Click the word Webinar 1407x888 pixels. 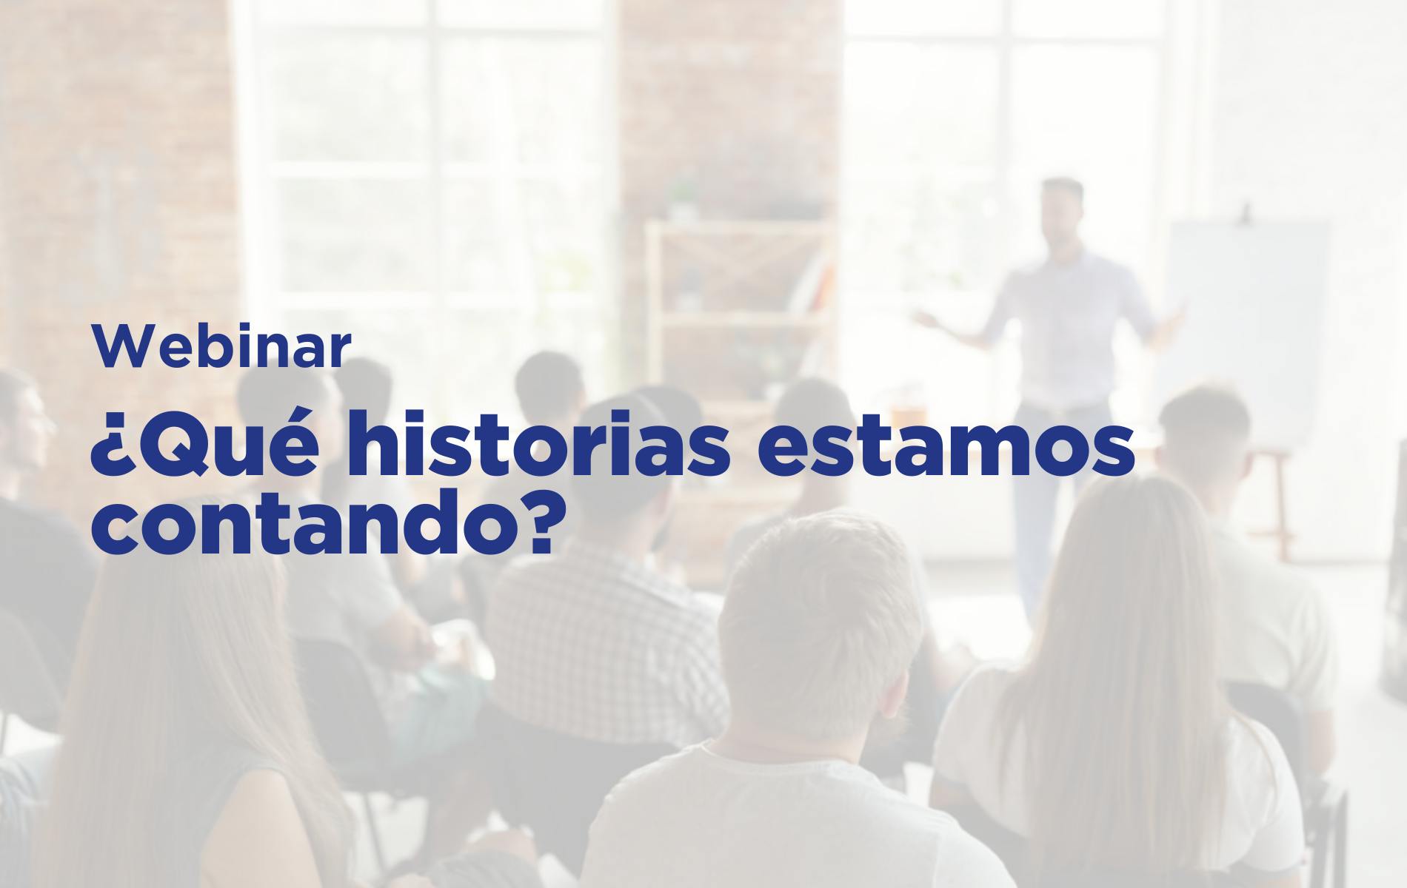coord(221,346)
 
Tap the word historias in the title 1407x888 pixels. coord(547,443)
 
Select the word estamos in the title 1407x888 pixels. coord(946,448)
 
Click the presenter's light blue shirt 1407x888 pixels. coord(1066,326)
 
